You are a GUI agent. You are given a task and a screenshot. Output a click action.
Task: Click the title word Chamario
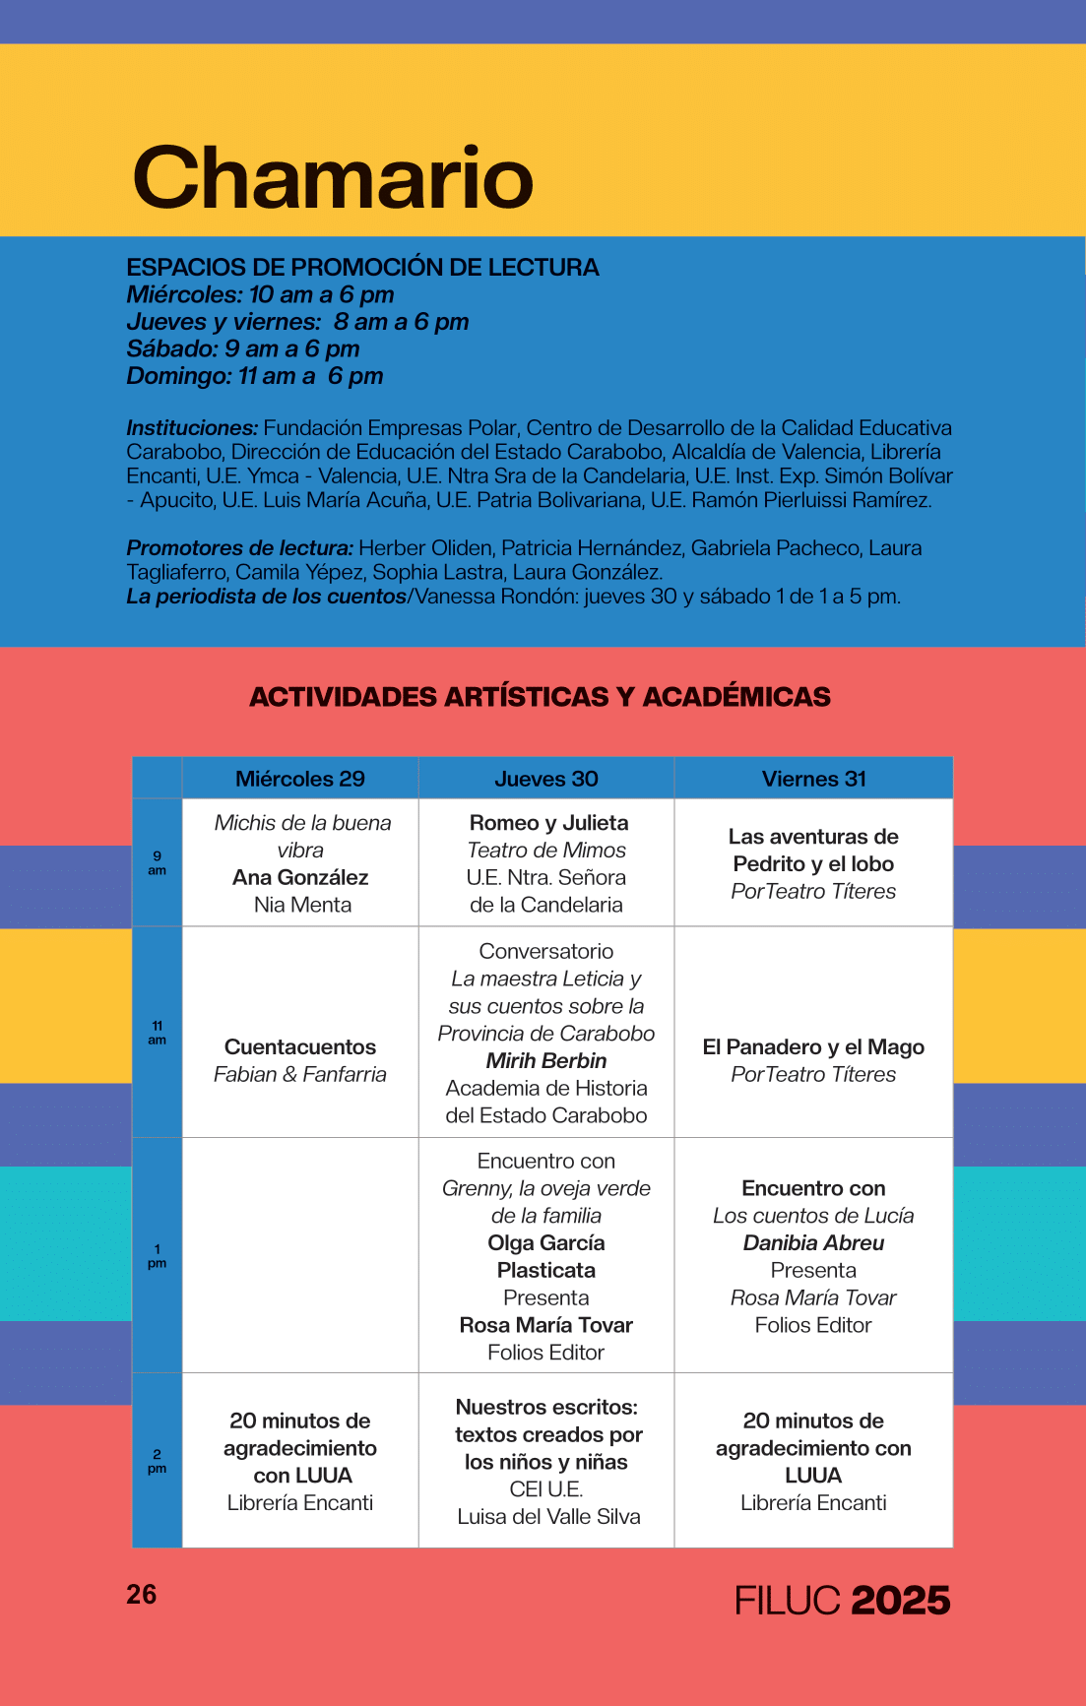pos(333,178)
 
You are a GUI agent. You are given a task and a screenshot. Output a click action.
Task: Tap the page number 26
pos(142,1595)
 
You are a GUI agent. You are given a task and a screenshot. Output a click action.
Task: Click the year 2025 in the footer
pos(900,1601)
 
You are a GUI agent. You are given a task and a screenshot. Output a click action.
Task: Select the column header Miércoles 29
pos(300,779)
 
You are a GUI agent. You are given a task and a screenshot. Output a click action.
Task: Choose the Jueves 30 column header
pos(546,779)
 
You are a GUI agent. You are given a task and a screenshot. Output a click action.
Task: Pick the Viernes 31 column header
pos(813,779)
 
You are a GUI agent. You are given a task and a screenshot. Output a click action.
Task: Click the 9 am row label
pos(158,863)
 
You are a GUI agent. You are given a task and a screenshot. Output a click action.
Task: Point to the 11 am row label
pos(158,1033)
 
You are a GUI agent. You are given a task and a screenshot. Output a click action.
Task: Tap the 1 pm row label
pos(158,1256)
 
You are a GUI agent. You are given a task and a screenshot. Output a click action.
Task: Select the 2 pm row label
pos(158,1461)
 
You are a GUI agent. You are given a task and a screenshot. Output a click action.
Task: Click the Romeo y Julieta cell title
pos(548,823)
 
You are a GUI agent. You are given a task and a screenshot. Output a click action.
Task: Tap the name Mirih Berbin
pos(546,1061)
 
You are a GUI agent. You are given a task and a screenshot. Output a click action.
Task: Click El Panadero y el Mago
pos(813,1047)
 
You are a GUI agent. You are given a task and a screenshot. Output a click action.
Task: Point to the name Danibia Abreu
pos(813,1243)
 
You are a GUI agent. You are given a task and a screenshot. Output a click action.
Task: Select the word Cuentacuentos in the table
pos(300,1047)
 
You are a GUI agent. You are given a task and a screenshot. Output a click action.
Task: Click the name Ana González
pos(300,877)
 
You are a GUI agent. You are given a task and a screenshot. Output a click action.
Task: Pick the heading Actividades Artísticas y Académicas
pos(540,697)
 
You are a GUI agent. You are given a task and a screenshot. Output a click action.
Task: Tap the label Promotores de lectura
pos(239,548)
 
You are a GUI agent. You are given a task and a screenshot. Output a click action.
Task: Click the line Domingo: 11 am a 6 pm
pos(255,376)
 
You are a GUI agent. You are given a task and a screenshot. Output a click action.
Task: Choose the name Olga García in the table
pos(546,1243)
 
